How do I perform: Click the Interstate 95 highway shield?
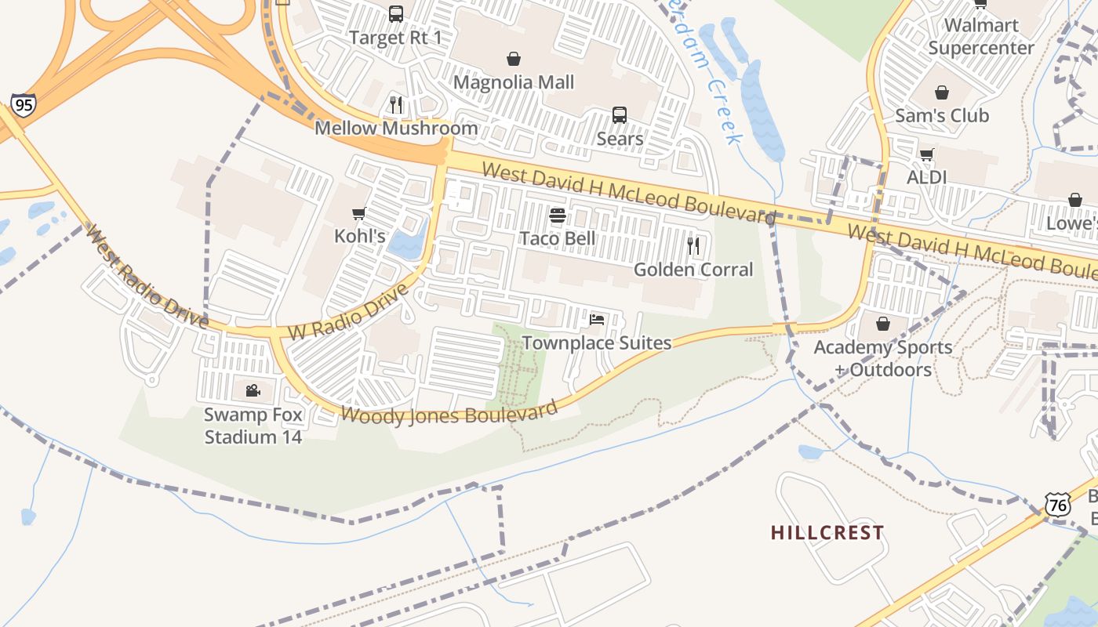pyautogui.click(x=23, y=103)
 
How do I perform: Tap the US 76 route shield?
pyautogui.click(x=1058, y=505)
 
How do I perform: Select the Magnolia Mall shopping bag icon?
pyautogui.click(x=514, y=59)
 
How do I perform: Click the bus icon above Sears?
pyautogui.click(x=620, y=115)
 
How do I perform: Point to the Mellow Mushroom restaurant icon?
pyautogui.click(x=396, y=104)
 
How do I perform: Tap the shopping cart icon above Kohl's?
pyautogui.click(x=359, y=213)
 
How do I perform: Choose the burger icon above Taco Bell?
pyautogui.click(x=558, y=216)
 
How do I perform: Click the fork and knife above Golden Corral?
pyautogui.click(x=693, y=246)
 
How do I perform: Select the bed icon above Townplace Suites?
pyautogui.click(x=597, y=320)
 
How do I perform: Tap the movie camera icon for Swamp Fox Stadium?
pyautogui.click(x=253, y=390)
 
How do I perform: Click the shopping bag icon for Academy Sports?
pyautogui.click(x=883, y=324)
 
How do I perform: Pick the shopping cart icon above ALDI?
pyautogui.click(x=926, y=154)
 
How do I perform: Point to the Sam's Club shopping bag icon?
pyautogui.click(x=942, y=92)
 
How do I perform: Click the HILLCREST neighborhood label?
pyautogui.click(x=827, y=533)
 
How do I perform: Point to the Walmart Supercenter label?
pyautogui.click(x=981, y=36)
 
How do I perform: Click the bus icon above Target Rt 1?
pyautogui.click(x=396, y=13)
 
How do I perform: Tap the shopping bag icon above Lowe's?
pyautogui.click(x=1074, y=200)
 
